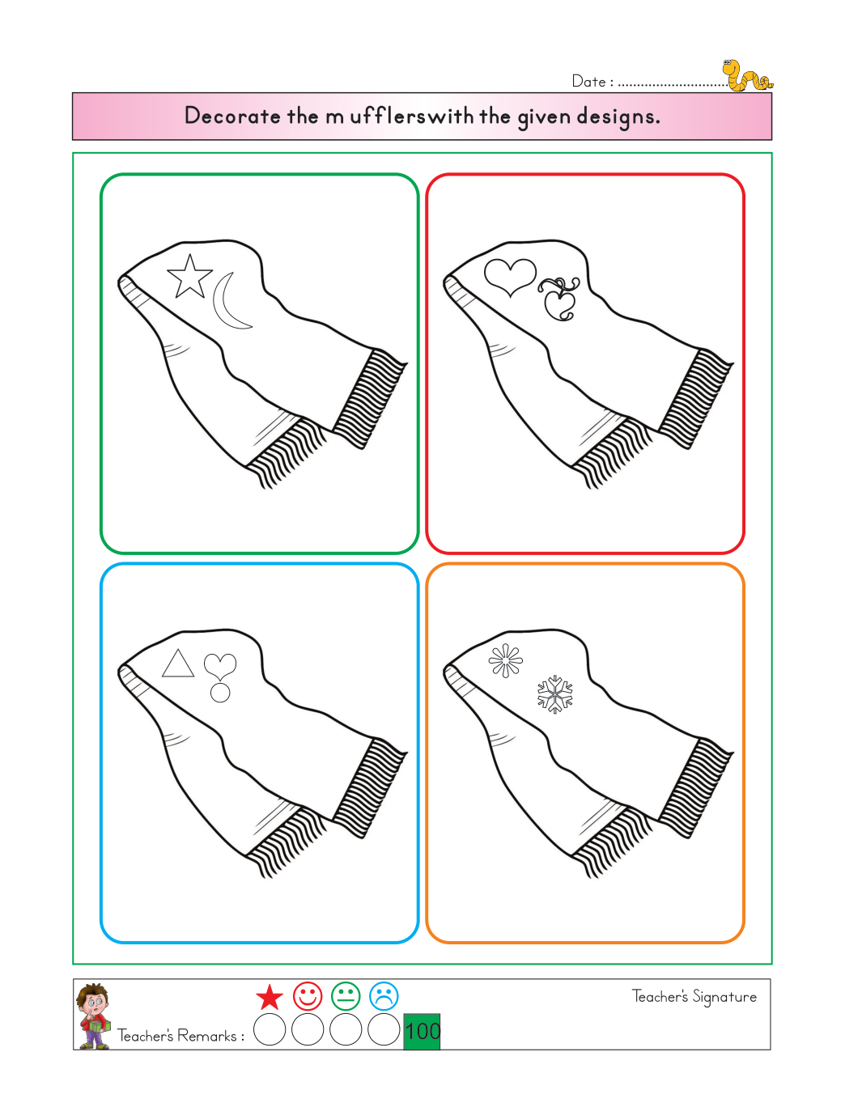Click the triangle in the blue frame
pyautogui.click(x=178, y=664)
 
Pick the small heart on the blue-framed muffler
pyautogui.click(x=220, y=667)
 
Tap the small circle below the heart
pyautogui.click(x=220, y=693)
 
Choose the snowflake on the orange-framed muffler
pyautogui.click(x=555, y=694)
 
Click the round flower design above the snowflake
pyautogui.click(x=506, y=660)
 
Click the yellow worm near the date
pyautogui.click(x=746, y=77)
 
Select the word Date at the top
pyautogui.click(x=588, y=81)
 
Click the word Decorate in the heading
pyautogui.click(x=232, y=116)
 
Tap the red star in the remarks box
pyautogui.click(x=270, y=997)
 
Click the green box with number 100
pyautogui.click(x=422, y=1032)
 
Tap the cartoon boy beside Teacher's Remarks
pyautogui.click(x=93, y=1016)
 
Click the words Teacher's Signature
pyautogui.click(x=694, y=997)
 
